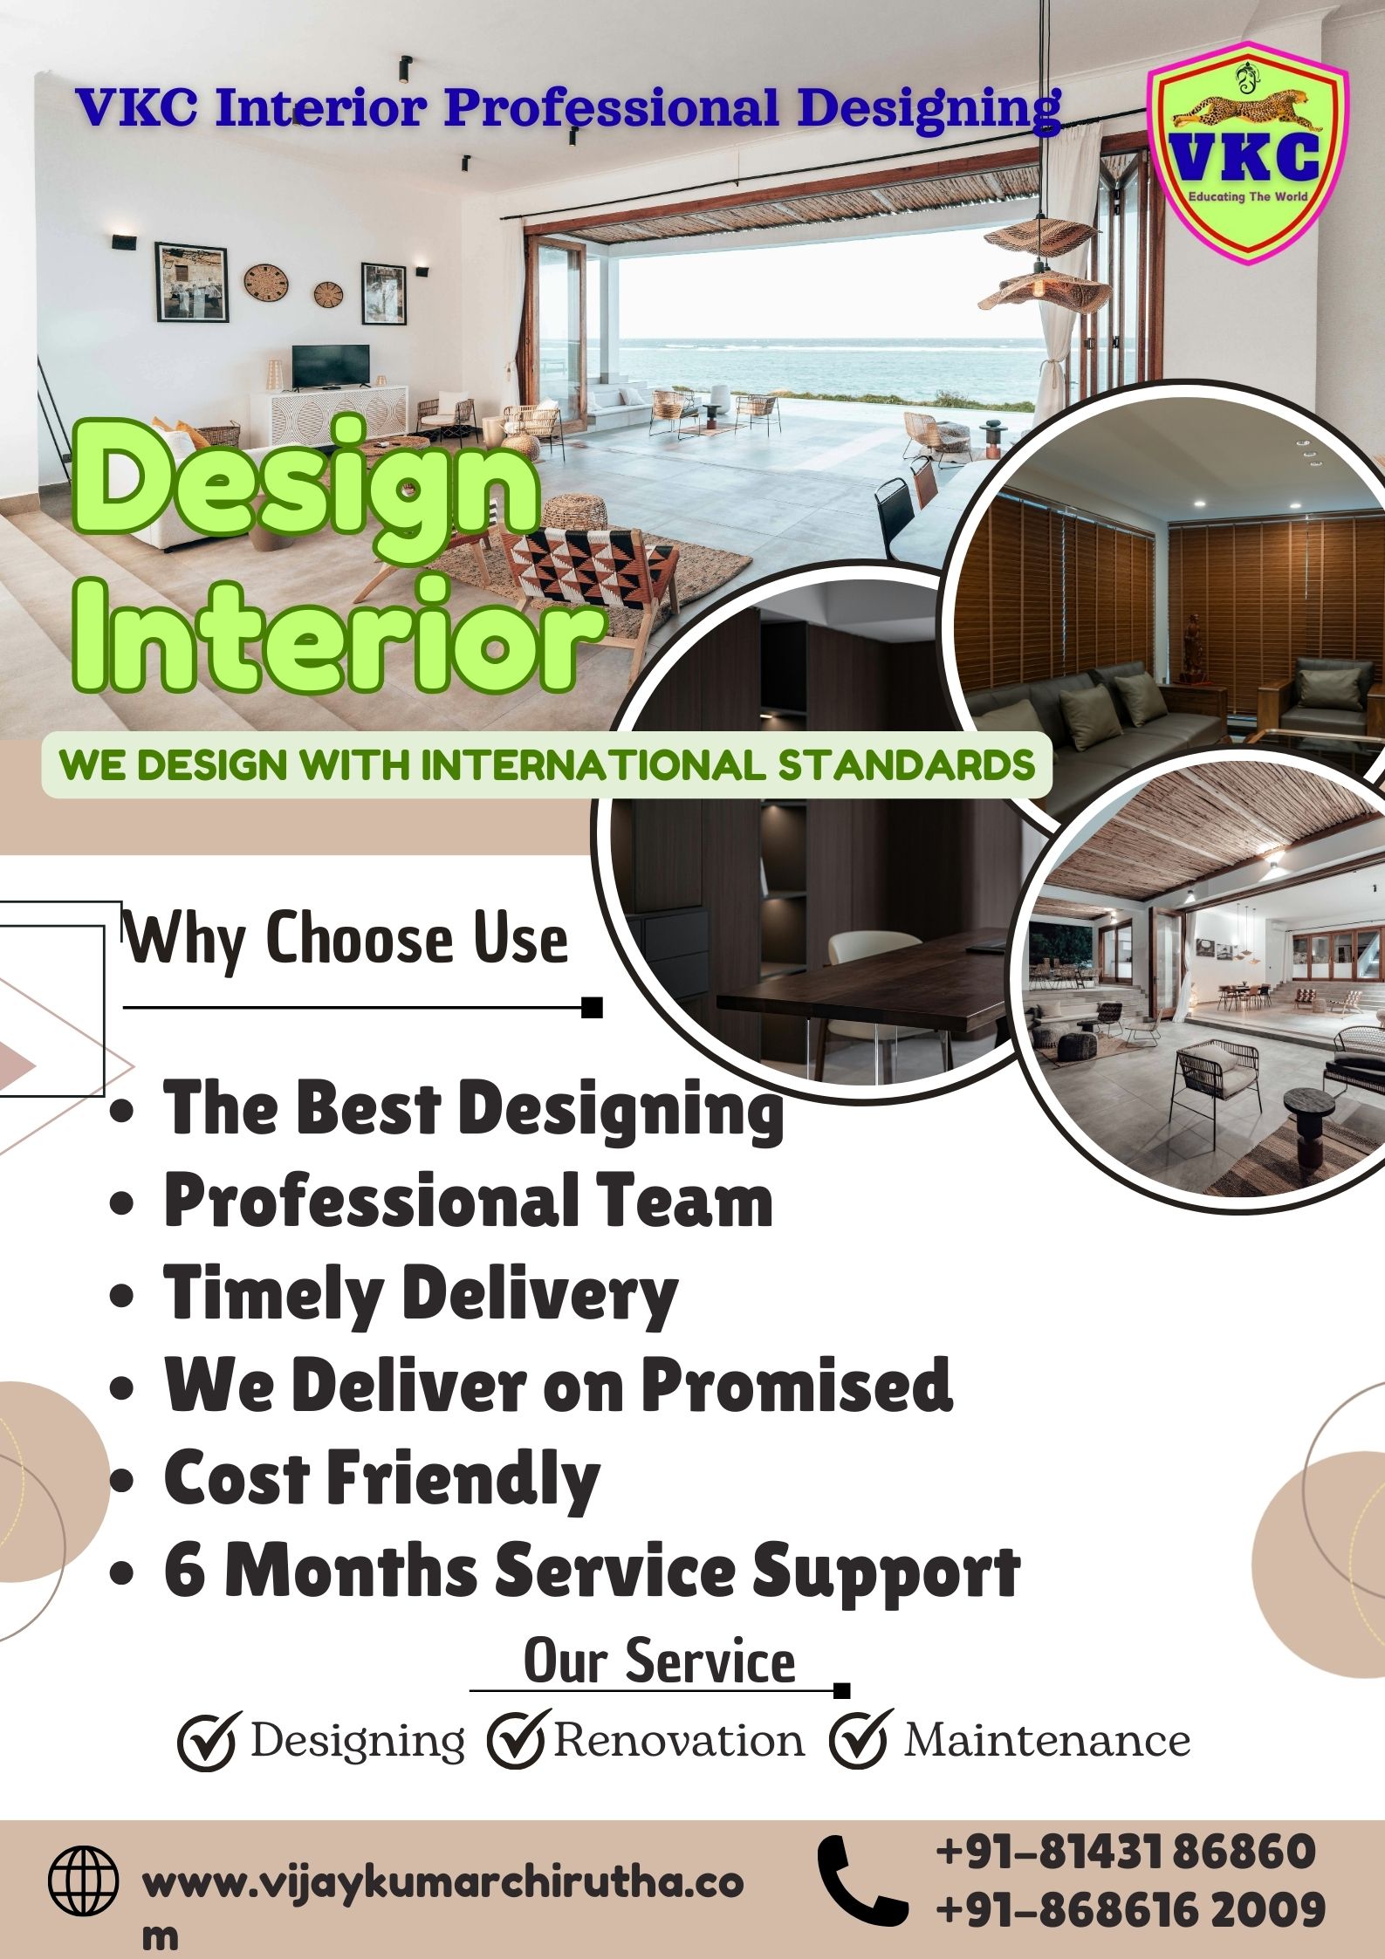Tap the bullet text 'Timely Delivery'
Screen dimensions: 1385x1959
(421, 1293)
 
